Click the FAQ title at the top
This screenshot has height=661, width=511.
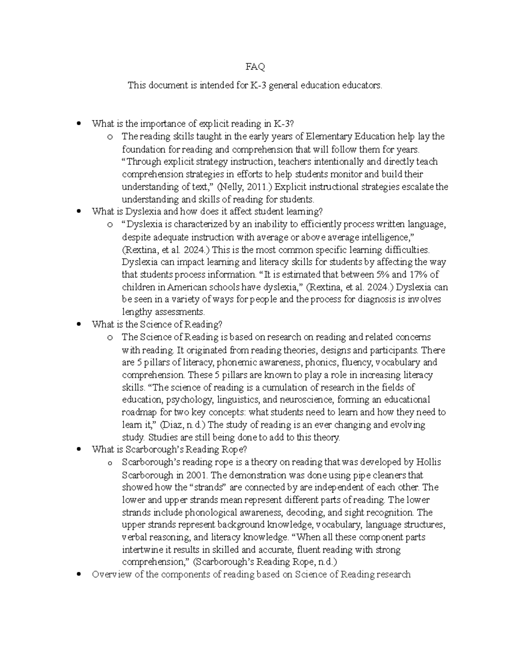[255, 67]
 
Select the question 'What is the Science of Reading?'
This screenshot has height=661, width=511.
[157, 324]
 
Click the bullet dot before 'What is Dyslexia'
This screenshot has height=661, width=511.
[78, 211]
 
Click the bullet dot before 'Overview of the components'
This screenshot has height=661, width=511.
[78, 574]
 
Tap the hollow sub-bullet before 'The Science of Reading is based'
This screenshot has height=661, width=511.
[110, 338]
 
